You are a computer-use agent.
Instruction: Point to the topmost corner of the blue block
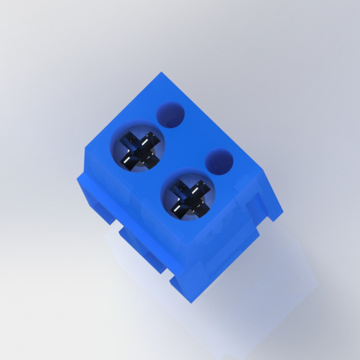(160, 74)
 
